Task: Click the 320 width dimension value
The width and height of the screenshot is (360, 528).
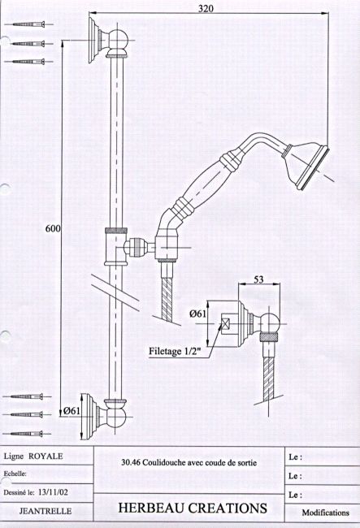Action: click(x=206, y=8)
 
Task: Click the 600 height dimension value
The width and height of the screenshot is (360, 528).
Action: click(x=53, y=228)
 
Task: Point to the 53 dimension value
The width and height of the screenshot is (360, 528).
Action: click(x=258, y=279)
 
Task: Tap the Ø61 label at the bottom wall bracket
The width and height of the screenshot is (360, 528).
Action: click(x=72, y=410)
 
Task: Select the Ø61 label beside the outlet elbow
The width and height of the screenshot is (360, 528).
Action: click(x=197, y=314)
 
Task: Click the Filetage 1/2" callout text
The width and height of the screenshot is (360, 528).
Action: click(x=175, y=351)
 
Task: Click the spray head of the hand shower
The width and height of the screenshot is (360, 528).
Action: click(x=306, y=165)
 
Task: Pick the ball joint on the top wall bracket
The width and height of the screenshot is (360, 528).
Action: click(x=119, y=40)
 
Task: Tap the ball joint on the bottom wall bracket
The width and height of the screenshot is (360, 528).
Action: click(x=116, y=417)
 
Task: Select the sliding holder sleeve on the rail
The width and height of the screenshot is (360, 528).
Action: click(x=116, y=246)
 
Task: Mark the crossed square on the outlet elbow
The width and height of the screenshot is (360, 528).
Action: click(x=225, y=323)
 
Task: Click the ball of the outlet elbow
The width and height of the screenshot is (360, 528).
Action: click(x=270, y=323)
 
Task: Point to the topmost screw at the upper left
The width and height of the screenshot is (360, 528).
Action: click(x=28, y=24)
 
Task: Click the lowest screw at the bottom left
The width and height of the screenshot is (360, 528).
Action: click(x=27, y=434)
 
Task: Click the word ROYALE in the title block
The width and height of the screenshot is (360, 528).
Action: click(x=46, y=457)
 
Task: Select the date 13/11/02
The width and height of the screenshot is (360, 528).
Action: click(x=53, y=492)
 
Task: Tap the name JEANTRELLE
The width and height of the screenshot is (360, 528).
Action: click(x=46, y=511)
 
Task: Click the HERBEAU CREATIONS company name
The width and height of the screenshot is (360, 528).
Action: click(x=193, y=508)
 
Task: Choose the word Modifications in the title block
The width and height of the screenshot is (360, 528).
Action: click(x=325, y=513)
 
